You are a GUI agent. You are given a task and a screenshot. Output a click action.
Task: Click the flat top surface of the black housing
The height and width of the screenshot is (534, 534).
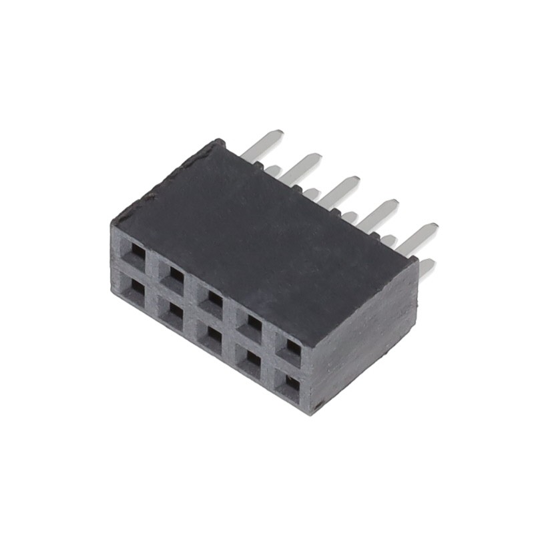260,234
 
